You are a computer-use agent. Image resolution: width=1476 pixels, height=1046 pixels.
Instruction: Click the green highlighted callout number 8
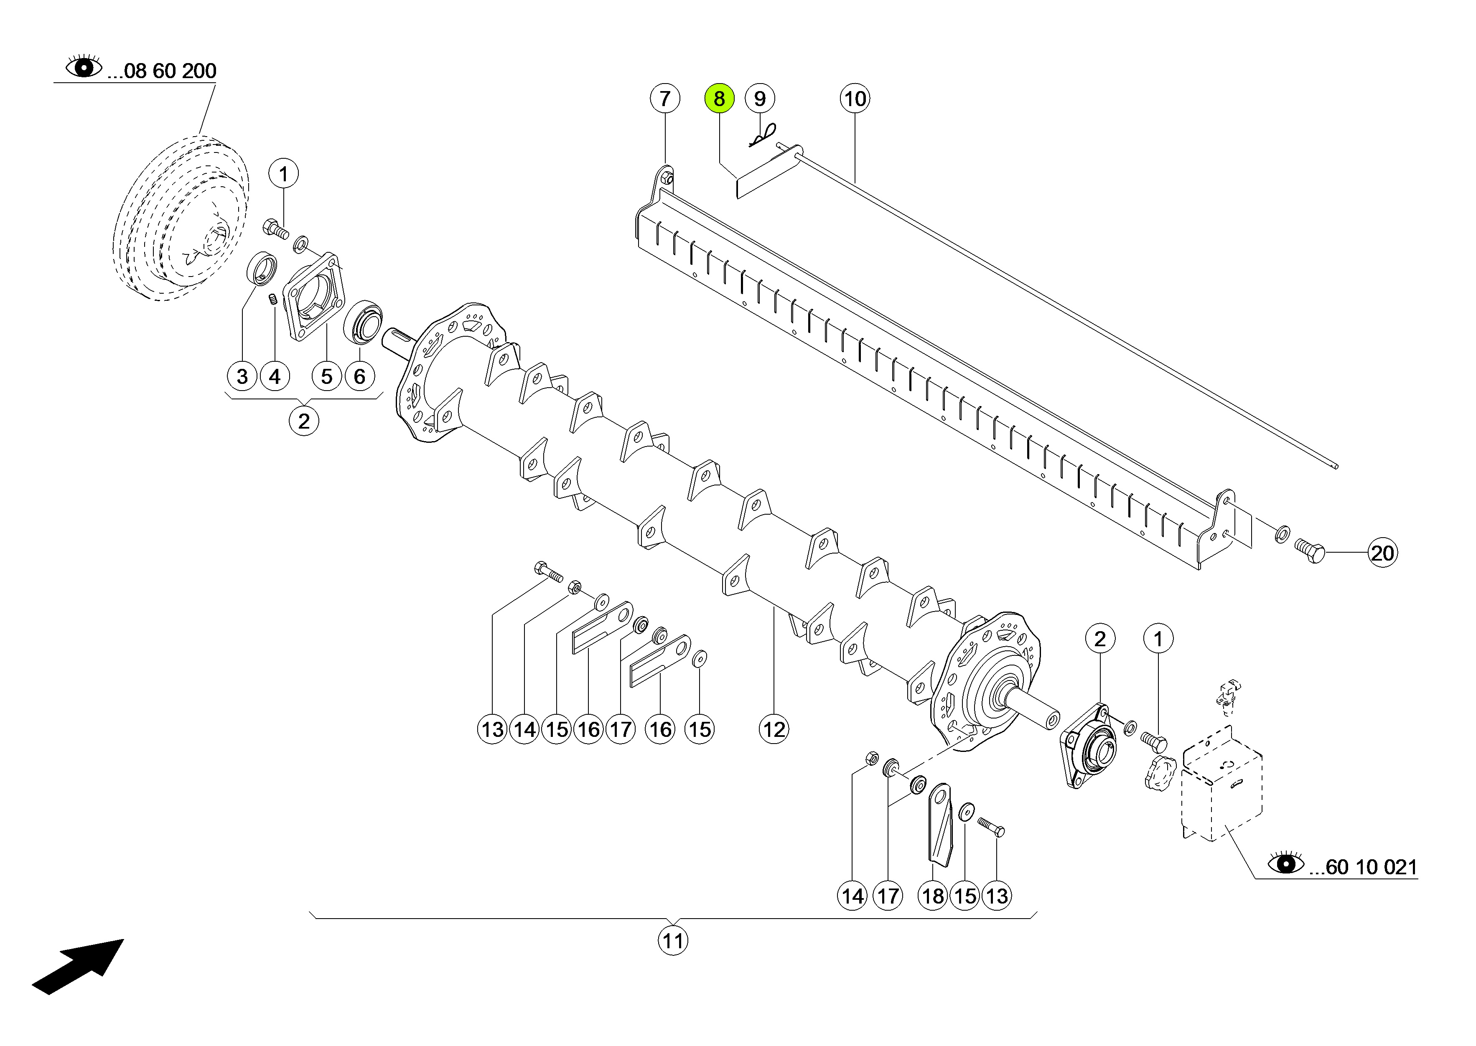click(719, 99)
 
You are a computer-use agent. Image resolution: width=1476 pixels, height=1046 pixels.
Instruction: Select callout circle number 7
click(665, 99)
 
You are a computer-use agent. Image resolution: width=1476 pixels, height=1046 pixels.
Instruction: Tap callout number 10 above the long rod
click(855, 99)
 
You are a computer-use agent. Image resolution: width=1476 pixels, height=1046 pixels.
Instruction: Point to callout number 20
click(1382, 553)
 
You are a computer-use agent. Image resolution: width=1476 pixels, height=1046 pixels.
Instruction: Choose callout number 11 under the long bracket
click(673, 941)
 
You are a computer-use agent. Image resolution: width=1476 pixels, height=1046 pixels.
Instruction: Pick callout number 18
click(933, 896)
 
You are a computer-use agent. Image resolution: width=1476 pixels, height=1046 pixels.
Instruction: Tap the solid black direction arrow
click(79, 966)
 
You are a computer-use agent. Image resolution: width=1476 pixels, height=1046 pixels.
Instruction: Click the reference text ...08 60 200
click(162, 71)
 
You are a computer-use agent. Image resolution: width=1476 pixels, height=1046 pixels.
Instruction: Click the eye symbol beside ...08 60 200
click(84, 67)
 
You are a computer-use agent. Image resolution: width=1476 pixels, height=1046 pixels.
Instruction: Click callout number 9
click(760, 99)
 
